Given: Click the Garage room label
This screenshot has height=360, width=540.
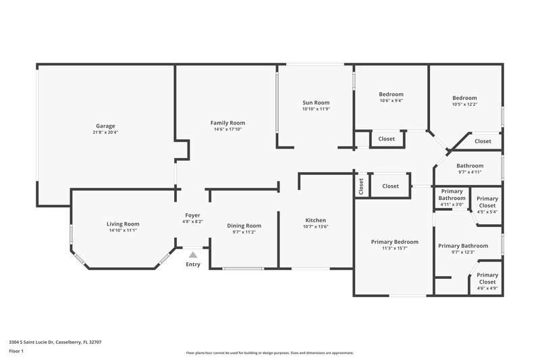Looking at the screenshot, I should [105, 126].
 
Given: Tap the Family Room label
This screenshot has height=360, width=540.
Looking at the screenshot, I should [229, 123].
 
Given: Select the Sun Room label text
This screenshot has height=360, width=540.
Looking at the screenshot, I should [315, 103].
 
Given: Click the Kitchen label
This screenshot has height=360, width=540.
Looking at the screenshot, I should [315, 220].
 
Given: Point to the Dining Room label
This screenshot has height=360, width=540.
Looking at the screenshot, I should [244, 226].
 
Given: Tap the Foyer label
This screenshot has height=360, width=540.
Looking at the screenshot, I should [192, 215].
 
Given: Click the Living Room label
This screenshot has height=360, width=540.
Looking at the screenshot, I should [122, 224].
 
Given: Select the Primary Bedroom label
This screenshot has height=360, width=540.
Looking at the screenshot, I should [394, 242].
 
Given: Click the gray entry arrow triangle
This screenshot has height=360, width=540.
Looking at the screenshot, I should [193, 255].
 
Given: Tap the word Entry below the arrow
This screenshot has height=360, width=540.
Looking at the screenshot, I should [193, 264].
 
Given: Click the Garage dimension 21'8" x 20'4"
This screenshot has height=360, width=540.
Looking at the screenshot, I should [105, 132].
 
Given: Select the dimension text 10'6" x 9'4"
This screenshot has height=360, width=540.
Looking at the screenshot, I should [391, 101].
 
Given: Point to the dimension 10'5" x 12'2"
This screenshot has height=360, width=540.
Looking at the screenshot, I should [464, 104].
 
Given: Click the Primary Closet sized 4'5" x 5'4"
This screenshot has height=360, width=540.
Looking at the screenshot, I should [487, 202].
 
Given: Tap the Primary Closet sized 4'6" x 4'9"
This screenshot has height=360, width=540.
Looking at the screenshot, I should [487, 278].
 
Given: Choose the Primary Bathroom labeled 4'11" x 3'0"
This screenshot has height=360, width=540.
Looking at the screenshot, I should [452, 198].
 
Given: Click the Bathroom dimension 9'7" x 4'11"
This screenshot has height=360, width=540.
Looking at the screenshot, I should [470, 172].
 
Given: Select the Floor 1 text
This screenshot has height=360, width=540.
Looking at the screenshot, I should [17, 351].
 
